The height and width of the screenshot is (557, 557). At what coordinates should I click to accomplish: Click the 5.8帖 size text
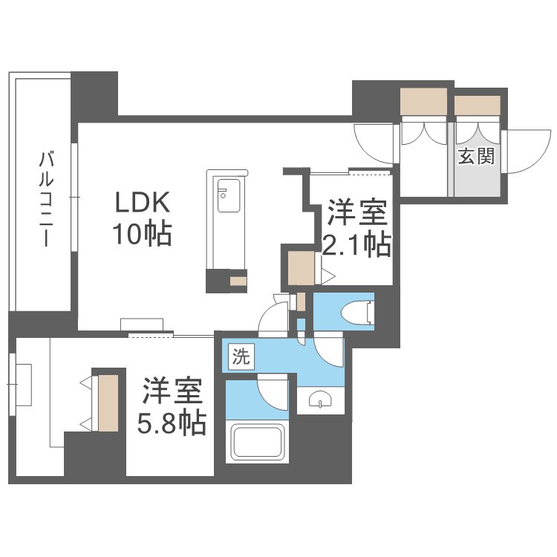coord(172,423)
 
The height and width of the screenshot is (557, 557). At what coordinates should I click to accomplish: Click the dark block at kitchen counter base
coord(218,281)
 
